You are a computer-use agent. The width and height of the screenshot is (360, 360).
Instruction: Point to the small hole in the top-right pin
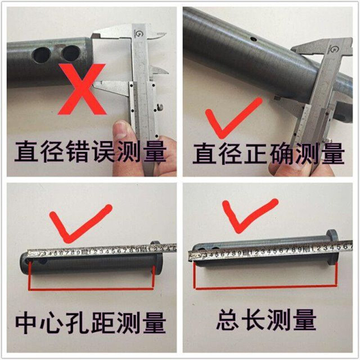click(255, 40)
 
